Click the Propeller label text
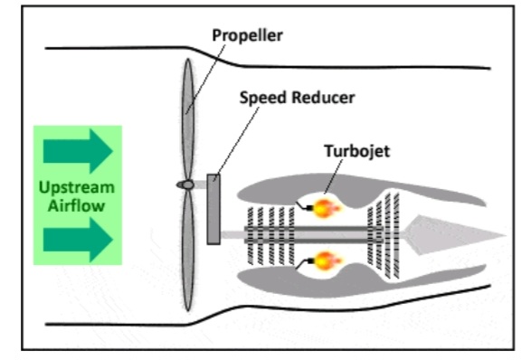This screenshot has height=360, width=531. pos(247,35)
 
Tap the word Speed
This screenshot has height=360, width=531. pos(263,98)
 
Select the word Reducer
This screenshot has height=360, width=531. pos(323,98)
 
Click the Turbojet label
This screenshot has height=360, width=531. pos(357,151)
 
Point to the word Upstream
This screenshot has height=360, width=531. pos(77,188)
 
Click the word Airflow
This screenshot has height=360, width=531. pos(76,205)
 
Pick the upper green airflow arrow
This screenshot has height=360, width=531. pos(78,151)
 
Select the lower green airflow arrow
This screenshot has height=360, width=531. pos(78,240)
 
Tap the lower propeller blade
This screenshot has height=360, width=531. pos(188,251)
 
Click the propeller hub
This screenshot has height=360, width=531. pos(185,185)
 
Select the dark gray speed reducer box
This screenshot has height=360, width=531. pos(213,209)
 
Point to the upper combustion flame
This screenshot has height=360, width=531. pos(325,208)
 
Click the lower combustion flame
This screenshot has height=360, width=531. pos(325,261)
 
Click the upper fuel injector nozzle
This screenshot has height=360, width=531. pos(304,206)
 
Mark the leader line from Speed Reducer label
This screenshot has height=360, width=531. pos(237,143)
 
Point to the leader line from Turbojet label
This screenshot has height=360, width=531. pos(334,176)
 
